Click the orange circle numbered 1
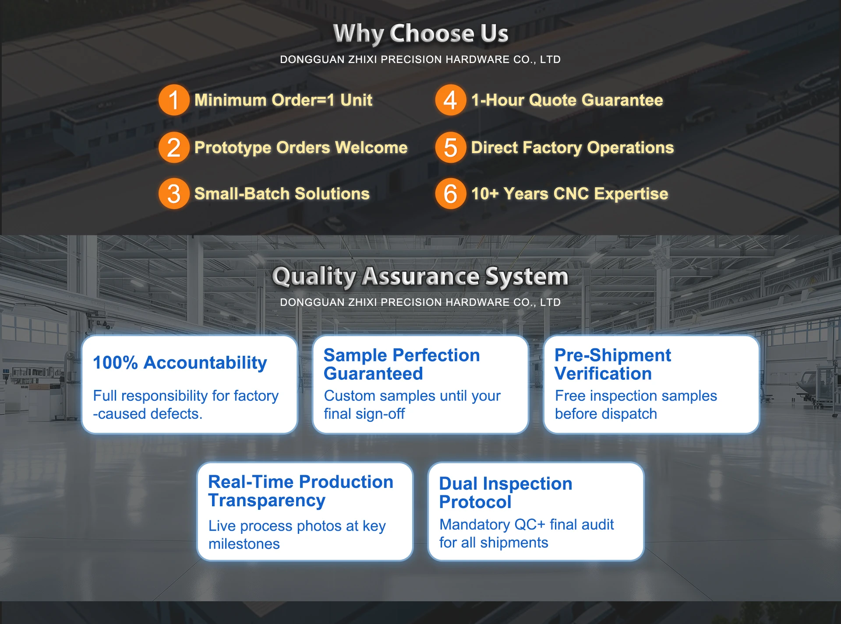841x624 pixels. click(174, 100)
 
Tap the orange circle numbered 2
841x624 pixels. click(174, 147)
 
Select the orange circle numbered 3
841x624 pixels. click(174, 193)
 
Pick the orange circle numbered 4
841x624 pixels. click(450, 100)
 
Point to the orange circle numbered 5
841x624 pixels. click(450, 147)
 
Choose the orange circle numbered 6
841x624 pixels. click(450, 193)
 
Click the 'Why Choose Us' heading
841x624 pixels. click(420, 34)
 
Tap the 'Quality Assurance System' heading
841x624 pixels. click(420, 277)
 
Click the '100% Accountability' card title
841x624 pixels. click(180, 363)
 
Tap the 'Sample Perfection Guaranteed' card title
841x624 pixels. click(402, 364)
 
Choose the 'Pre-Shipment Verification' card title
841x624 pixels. click(613, 364)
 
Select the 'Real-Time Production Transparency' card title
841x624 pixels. click(300, 491)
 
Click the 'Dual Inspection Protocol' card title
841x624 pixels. click(505, 493)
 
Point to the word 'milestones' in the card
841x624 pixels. click(244, 544)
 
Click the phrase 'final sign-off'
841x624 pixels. click(364, 414)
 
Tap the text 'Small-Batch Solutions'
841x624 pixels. click(282, 193)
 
